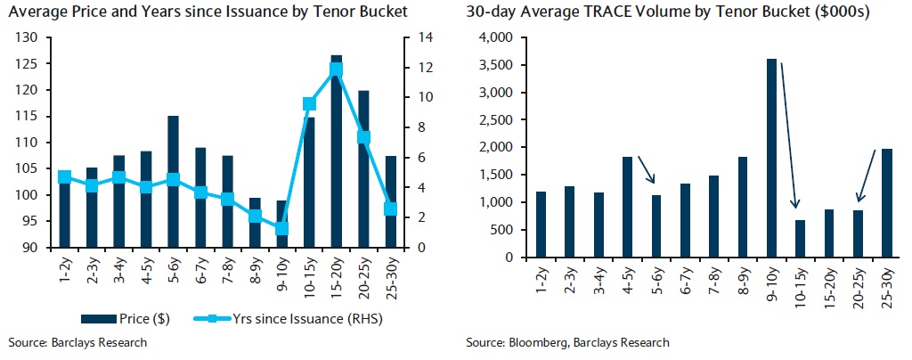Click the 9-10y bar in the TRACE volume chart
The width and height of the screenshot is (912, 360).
772,158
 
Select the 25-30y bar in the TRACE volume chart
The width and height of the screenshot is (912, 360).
887,203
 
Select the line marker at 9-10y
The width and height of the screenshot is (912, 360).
282,228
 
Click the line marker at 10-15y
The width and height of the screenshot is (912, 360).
310,103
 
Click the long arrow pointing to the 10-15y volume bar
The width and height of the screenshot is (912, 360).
789,134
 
